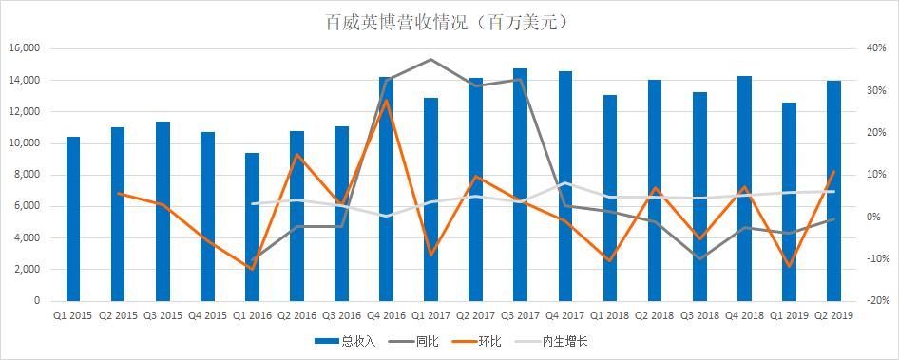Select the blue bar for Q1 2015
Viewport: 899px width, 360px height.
[73, 218]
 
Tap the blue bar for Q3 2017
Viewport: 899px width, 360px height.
[520, 184]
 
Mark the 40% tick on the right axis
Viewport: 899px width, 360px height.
[875, 48]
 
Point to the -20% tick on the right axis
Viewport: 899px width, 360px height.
[875, 301]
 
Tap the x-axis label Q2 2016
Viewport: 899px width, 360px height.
[296, 314]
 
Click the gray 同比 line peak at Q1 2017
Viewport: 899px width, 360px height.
[430, 60]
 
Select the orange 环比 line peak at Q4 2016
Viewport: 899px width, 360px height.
[386, 100]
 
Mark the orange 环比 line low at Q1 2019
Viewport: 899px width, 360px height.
[789, 266]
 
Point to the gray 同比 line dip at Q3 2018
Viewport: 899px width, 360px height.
[699, 258]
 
